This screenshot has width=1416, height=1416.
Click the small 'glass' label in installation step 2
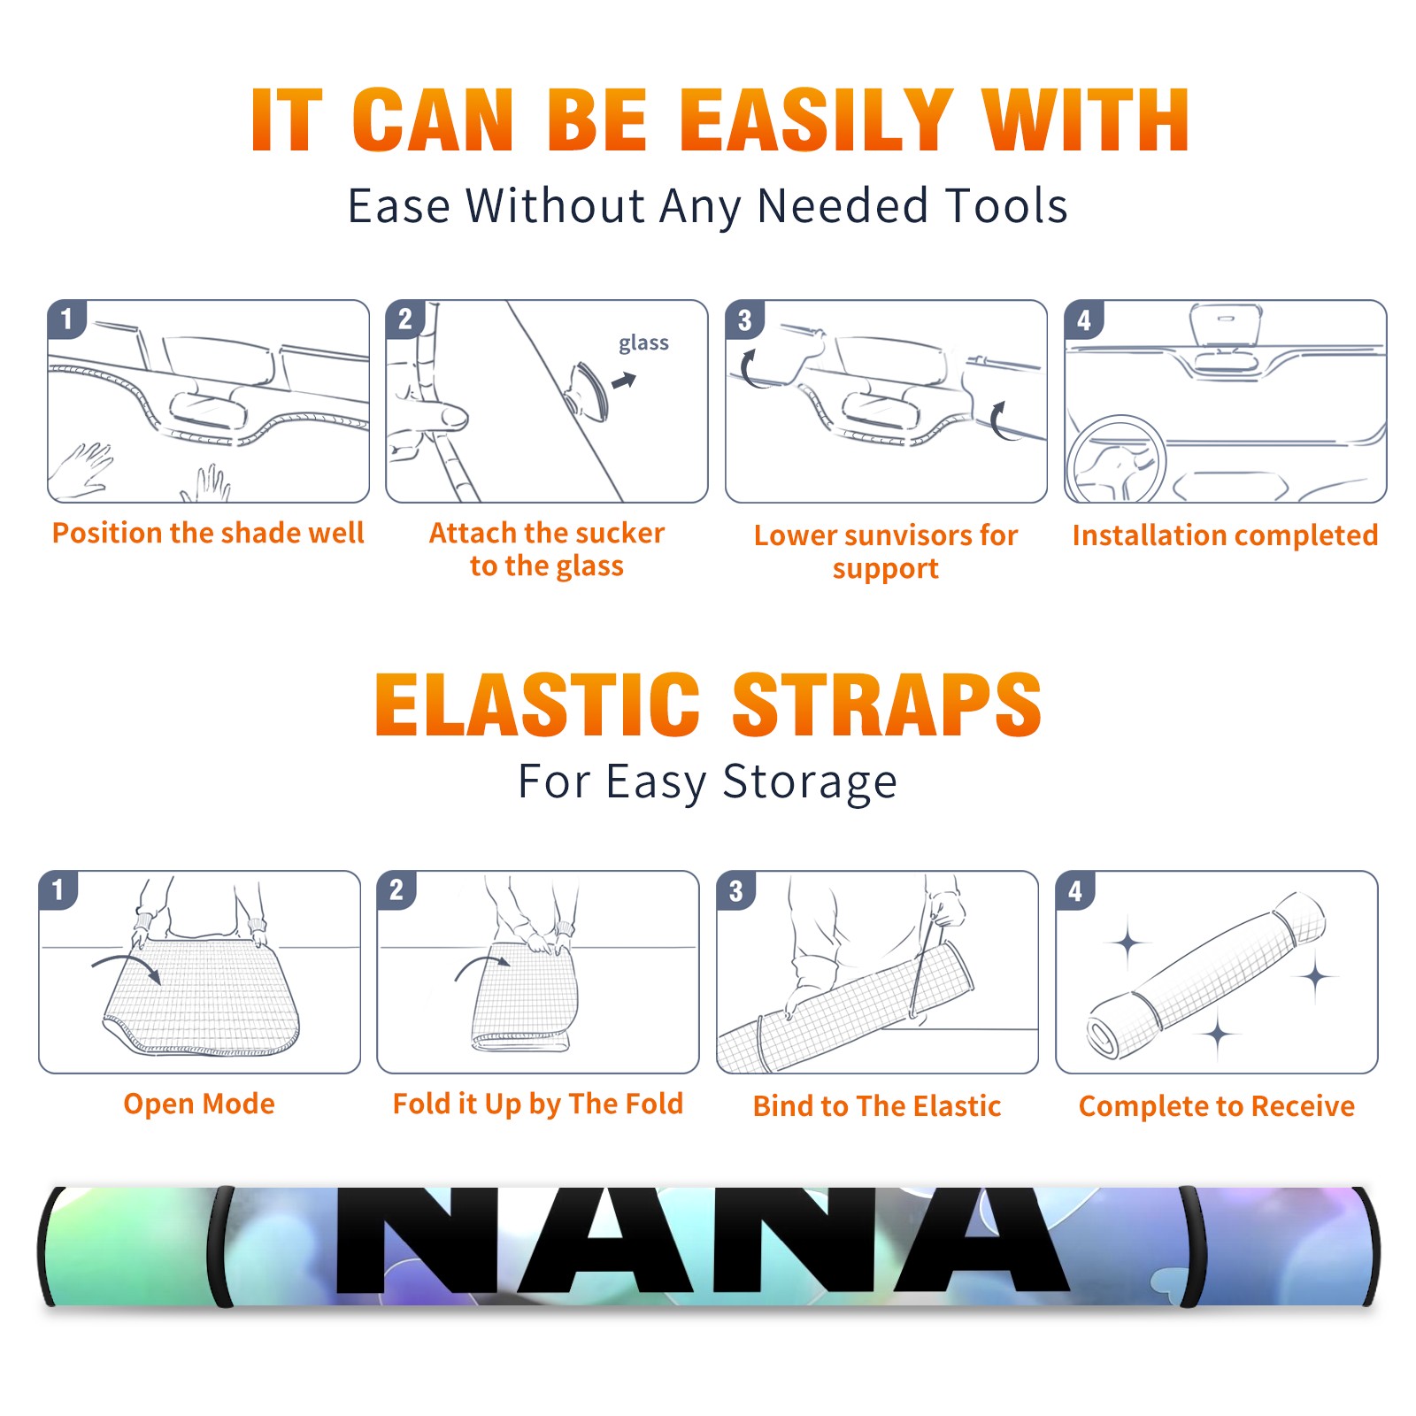point(643,343)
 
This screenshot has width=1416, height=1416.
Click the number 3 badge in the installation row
point(744,319)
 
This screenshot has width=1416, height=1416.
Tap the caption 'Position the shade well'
point(208,533)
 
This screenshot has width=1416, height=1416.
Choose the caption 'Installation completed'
point(1225,535)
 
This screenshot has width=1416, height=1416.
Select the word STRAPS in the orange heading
point(887,704)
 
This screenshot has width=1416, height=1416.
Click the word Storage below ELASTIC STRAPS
point(810,783)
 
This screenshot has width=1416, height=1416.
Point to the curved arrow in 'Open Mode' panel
point(127,966)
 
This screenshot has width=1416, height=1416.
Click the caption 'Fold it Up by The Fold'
point(538,1104)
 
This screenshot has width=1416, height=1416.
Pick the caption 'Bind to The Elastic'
point(877,1106)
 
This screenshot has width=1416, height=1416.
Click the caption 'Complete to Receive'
point(1217,1106)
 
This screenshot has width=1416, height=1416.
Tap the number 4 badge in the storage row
point(1075,890)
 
